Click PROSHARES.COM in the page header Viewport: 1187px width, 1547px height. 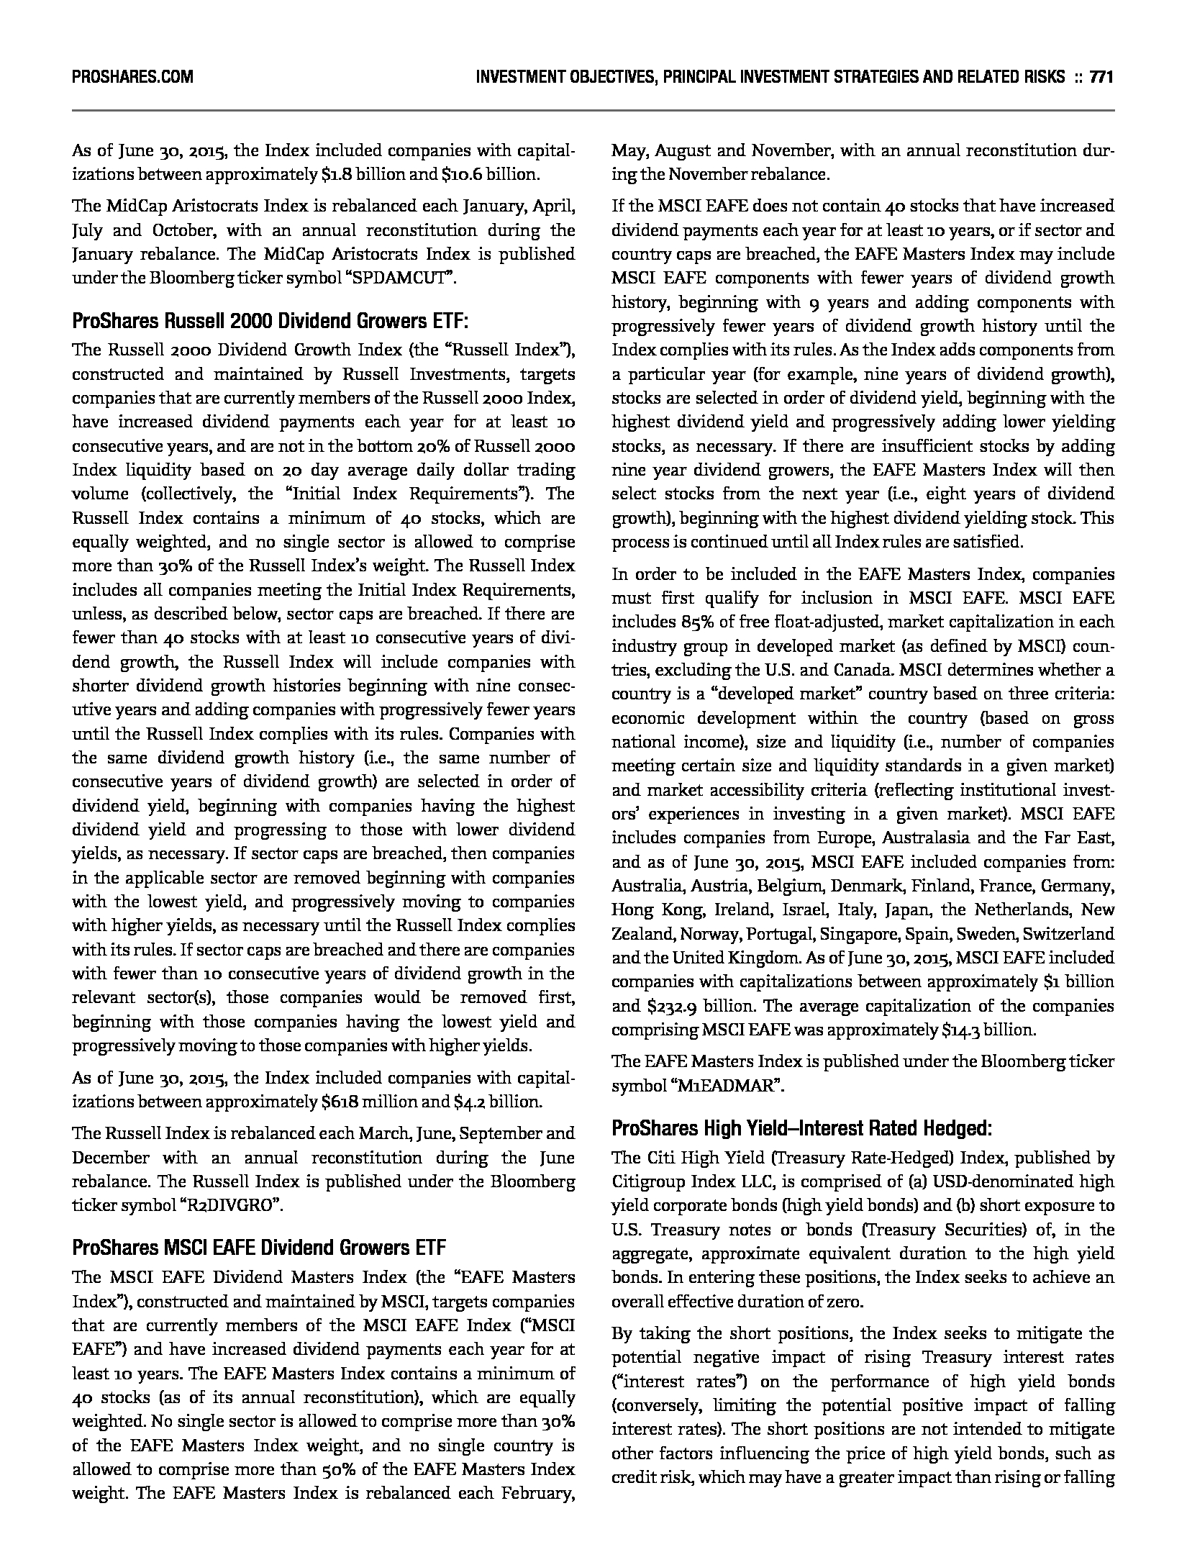click(x=132, y=77)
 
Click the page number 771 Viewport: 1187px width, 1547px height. click(x=1101, y=77)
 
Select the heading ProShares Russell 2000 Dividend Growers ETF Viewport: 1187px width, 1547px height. click(x=270, y=321)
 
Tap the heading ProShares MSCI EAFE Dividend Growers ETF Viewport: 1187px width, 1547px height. click(x=259, y=1247)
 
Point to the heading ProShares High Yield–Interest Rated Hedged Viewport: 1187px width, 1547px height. click(x=801, y=1128)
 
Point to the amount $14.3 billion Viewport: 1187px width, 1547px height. click(x=988, y=1030)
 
